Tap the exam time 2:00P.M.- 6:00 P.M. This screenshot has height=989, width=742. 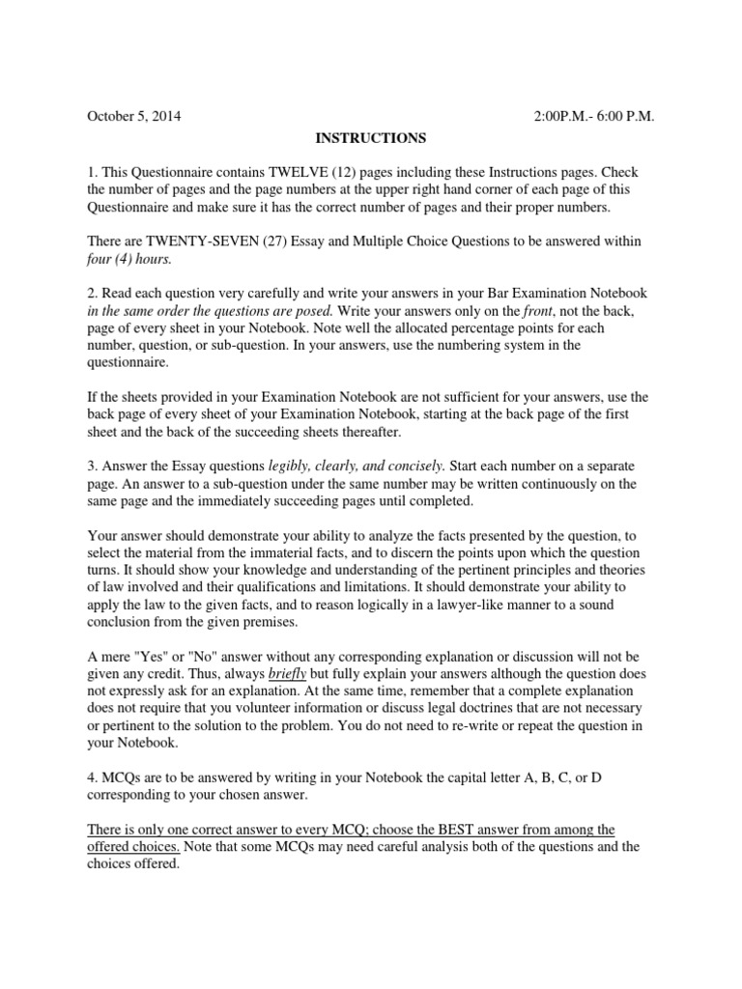(x=594, y=117)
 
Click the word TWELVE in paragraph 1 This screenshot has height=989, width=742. (x=286, y=172)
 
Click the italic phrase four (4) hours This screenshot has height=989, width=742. (x=132, y=258)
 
